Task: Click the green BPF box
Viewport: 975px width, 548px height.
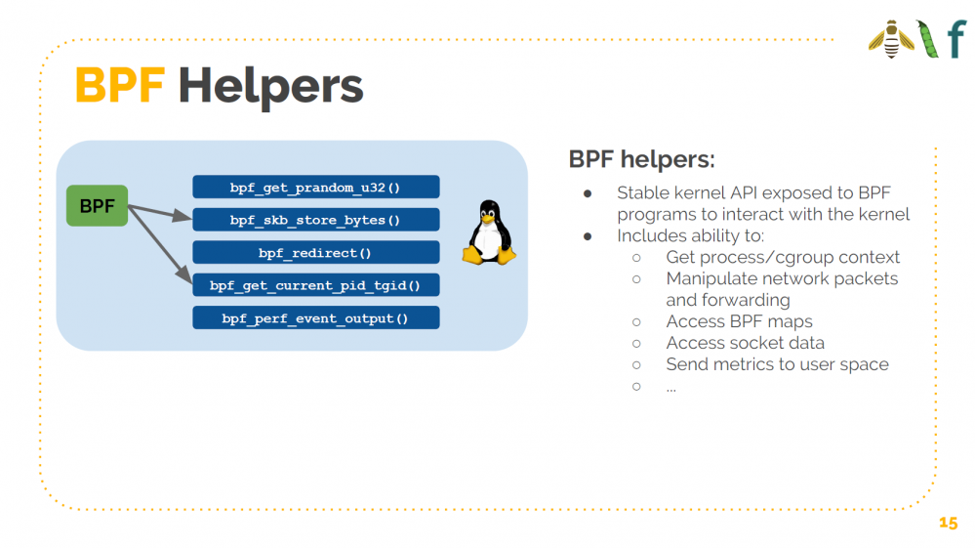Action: click(x=97, y=206)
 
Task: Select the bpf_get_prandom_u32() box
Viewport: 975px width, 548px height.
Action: click(x=315, y=187)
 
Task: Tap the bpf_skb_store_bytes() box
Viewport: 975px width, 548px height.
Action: click(x=315, y=220)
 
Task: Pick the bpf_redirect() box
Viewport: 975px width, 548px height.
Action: click(x=315, y=253)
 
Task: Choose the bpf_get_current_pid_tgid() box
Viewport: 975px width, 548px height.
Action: click(x=315, y=285)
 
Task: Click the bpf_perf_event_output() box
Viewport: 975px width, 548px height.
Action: click(x=315, y=318)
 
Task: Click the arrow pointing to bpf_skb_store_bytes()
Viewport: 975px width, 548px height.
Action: click(x=160, y=213)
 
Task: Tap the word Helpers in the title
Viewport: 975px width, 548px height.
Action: click(x=270, y=87)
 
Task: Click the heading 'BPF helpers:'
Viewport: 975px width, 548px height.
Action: click(x=641, y=159)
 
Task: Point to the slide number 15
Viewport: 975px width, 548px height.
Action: click(x=948, y=523)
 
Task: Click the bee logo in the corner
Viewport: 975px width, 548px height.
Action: click(x=890, y=39)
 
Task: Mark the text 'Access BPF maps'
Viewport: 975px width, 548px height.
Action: click(x=739, y=321)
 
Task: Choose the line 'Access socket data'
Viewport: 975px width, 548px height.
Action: click(x=745, y=343)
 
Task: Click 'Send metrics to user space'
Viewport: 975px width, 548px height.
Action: click(x=777, y=364)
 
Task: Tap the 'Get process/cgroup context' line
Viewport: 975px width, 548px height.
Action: click(x=783, y=257)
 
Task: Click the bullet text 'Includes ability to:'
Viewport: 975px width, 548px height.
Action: click(x=691, y=235)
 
